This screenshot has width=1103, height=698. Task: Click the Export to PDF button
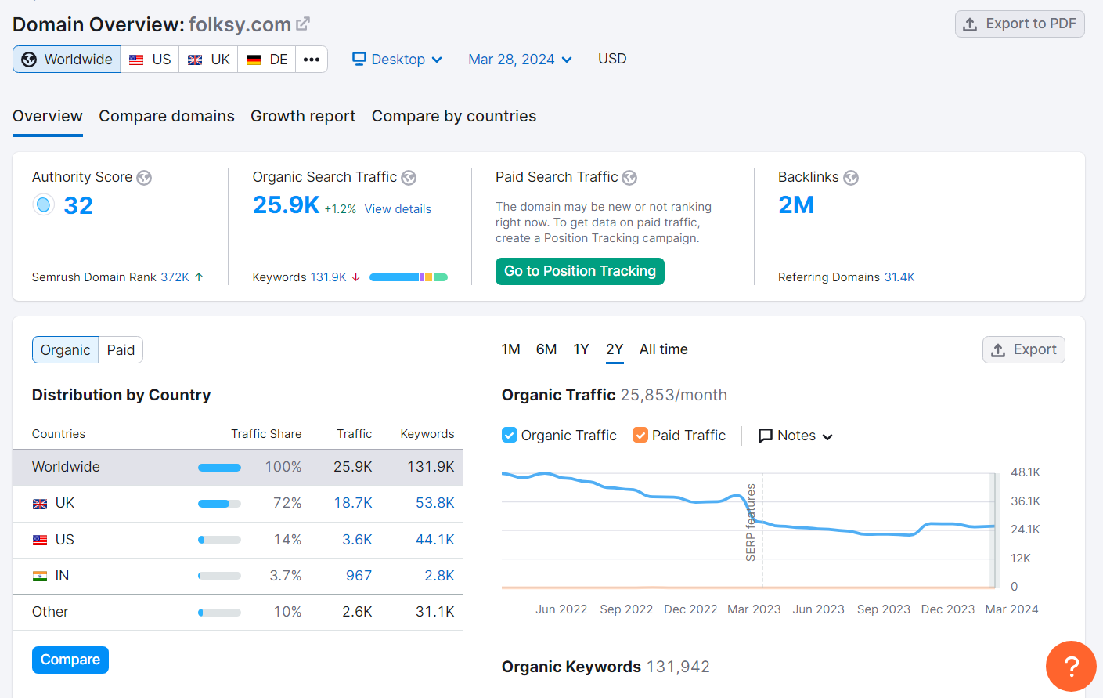click(x=1019, y=24)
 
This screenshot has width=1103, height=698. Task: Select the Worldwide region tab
click(x=67, y=60)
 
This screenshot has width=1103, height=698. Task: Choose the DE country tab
click(x=267, y=60)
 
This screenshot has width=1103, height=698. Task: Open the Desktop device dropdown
click(x=397, y=60)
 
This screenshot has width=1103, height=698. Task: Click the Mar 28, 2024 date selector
click(x=520, y=60)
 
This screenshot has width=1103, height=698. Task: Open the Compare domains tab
click(x=167, y=116)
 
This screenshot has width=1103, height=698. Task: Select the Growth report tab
click(x=303, y=116)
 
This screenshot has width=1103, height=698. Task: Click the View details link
click(x=398, y=209)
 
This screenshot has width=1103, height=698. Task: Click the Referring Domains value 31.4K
click(x=899, y=277)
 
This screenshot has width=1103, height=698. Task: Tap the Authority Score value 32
click(x=78, y=205)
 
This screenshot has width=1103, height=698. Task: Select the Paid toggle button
click(x=121, y=350)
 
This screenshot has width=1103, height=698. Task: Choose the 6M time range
click(x=546, y=349)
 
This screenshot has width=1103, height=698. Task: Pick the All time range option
click(x=663, y=349)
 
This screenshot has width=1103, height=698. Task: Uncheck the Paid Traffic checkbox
click(x=640, y=436)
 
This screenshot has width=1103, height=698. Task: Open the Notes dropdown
click(x=795, y=436)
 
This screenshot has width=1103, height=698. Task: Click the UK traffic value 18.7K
click(x=353, y=503)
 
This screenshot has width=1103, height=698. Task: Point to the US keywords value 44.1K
click(x=434, y=540)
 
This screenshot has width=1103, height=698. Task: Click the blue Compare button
click(x=70, y=660)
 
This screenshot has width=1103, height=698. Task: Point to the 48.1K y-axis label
click(x=1026, y=472)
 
